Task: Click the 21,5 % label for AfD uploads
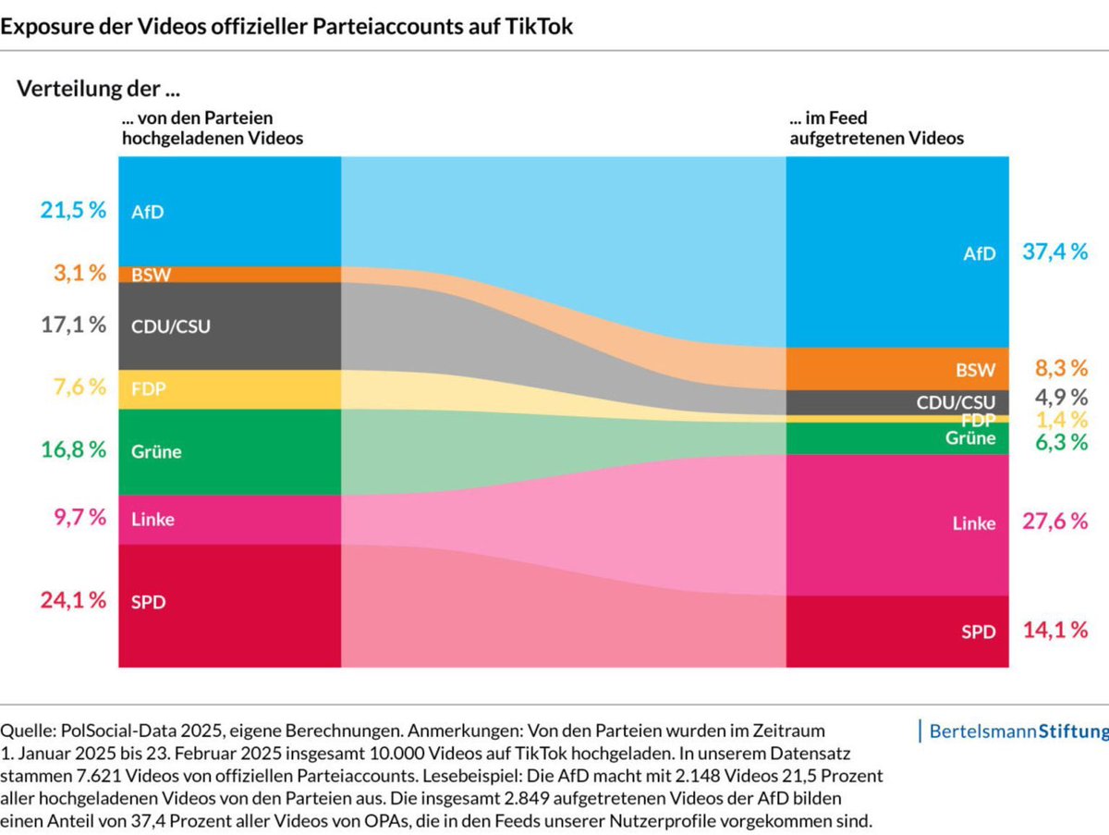tap(73, 210)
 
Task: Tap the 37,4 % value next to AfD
tap(1055, 252)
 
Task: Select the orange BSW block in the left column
tap(230, 275)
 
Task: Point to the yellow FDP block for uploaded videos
tap(230, 389)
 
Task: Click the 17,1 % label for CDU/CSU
tap(73, 325)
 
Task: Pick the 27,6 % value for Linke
tap(1055, 522)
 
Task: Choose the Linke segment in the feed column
tap(897, 524)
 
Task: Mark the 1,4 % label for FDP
tap(1062, 420)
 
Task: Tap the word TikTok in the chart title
tap(539, 26)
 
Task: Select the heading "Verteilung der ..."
tap(99, 89)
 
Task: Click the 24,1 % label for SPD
tap(73, 600)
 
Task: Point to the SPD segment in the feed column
tap(897, 632)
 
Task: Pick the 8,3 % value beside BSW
tap(1062, 368)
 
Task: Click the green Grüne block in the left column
tap(230, 452)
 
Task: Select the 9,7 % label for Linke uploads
tap(79, 517)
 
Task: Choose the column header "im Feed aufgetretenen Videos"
tap(877, 128)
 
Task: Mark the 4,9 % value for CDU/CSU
tap(1062, 398)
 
